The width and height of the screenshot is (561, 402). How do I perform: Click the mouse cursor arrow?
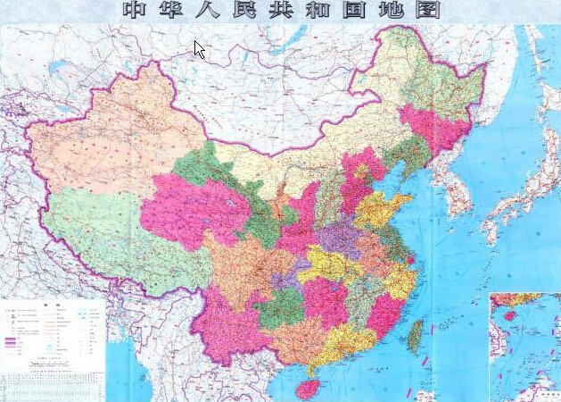[200, 49]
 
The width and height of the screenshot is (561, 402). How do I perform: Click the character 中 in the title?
[135, 12]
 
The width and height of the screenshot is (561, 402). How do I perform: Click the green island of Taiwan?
[416, 335]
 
